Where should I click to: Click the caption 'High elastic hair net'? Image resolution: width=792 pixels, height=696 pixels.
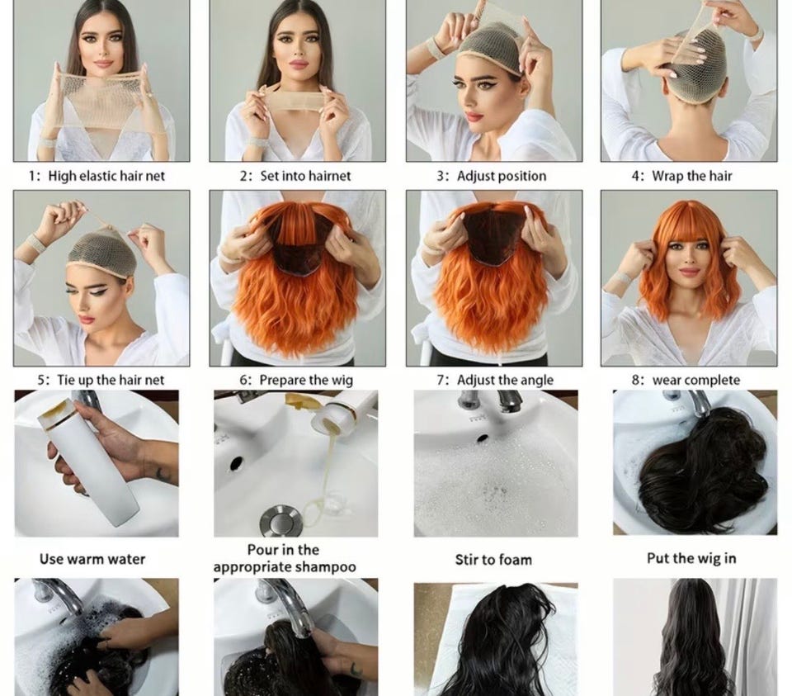click(106, 177)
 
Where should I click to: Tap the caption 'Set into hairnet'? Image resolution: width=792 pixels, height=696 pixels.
click(305, 176)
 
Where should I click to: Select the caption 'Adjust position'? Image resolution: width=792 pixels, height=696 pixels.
click(502, 177)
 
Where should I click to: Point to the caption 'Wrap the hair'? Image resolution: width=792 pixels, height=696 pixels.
click(691, 176)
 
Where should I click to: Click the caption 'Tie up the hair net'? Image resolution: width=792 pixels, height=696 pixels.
click(111, 380)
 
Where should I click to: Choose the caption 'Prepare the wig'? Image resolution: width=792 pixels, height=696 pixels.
click(306, 381)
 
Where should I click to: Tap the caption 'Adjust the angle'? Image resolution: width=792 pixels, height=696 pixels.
click(505, 380)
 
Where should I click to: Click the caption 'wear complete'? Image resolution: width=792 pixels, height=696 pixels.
click(696, 380)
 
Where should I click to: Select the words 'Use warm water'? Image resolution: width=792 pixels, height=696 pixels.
click(92, 559)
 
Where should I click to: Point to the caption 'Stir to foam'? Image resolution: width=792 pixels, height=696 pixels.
click(493, 560)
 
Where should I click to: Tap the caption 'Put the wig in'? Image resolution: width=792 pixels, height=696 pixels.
click(691, 558)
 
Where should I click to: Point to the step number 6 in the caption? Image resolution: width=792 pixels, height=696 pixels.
click(243, 381)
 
